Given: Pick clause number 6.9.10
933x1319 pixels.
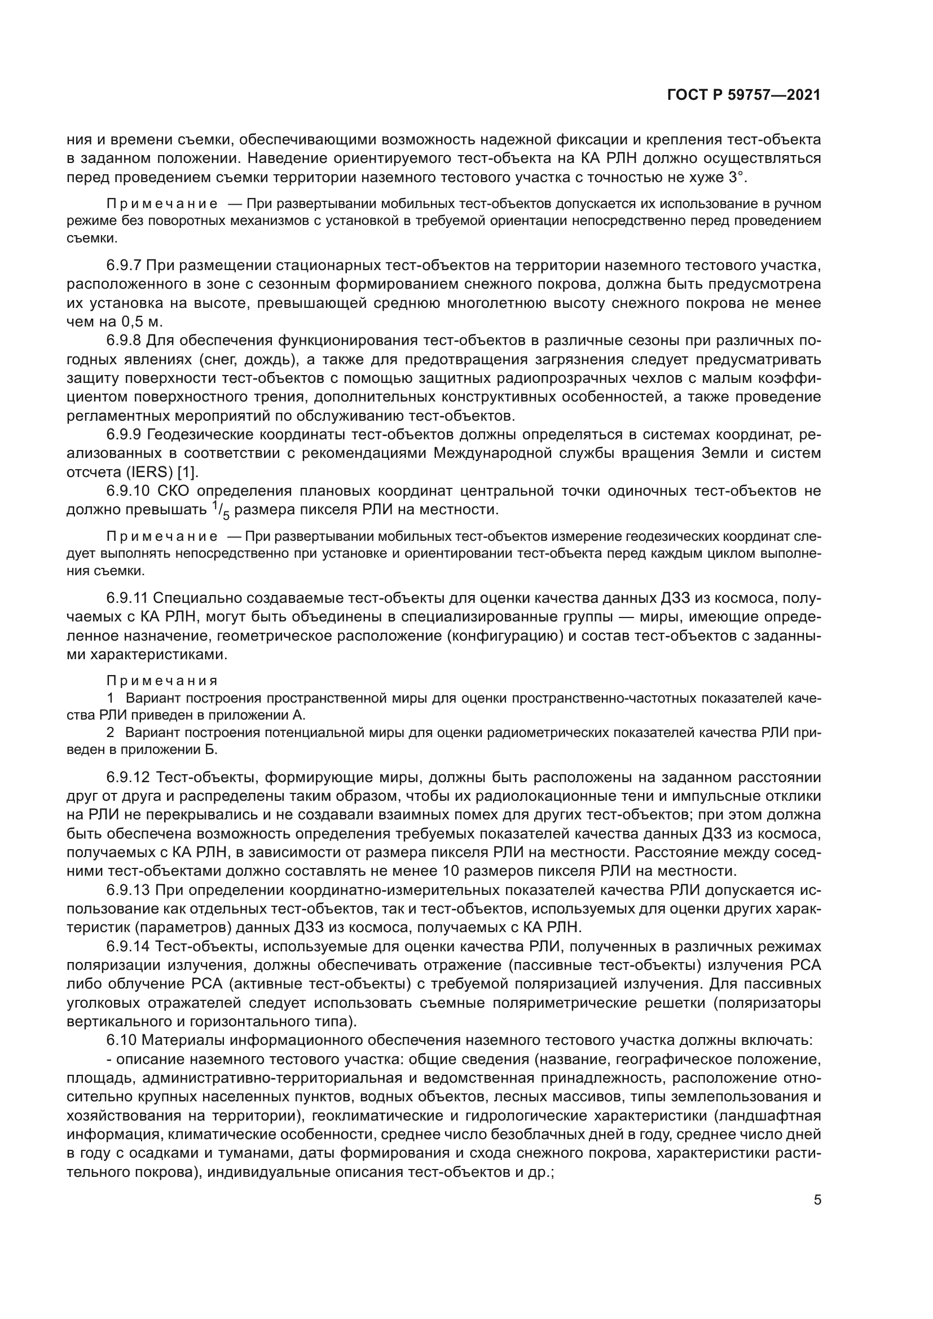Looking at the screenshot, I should tap(127, 491).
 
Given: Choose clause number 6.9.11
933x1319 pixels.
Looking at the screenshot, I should tap(127, 599).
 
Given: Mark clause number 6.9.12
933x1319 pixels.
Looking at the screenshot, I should tap(127, 778).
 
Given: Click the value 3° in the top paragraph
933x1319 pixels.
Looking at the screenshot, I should tap(737, 178).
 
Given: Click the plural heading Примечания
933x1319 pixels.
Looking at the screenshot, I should tap(162, 681).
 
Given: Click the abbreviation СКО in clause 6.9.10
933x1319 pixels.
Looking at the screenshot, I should tap(176, 491).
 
